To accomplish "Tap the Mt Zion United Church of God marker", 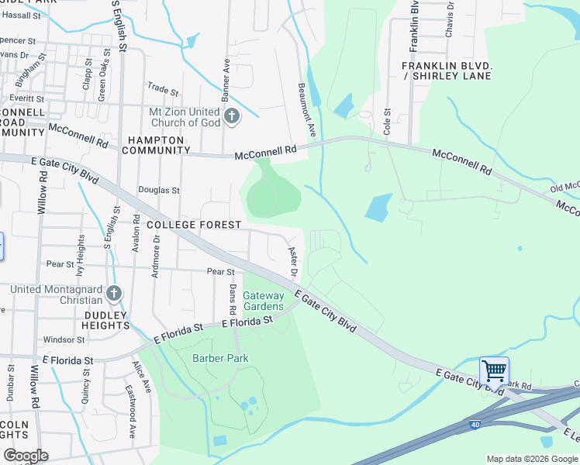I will (231, 118).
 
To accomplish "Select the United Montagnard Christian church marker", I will (114, 293).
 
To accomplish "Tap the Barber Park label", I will (219, 358).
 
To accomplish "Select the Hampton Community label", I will (156, 145).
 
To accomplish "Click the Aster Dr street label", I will (293, 261).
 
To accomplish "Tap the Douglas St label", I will (159, 190).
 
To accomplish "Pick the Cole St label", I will (387, 122).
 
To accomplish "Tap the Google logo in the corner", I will (26, 456).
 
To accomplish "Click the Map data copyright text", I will (532, 459).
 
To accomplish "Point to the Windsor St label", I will (64, 339).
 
